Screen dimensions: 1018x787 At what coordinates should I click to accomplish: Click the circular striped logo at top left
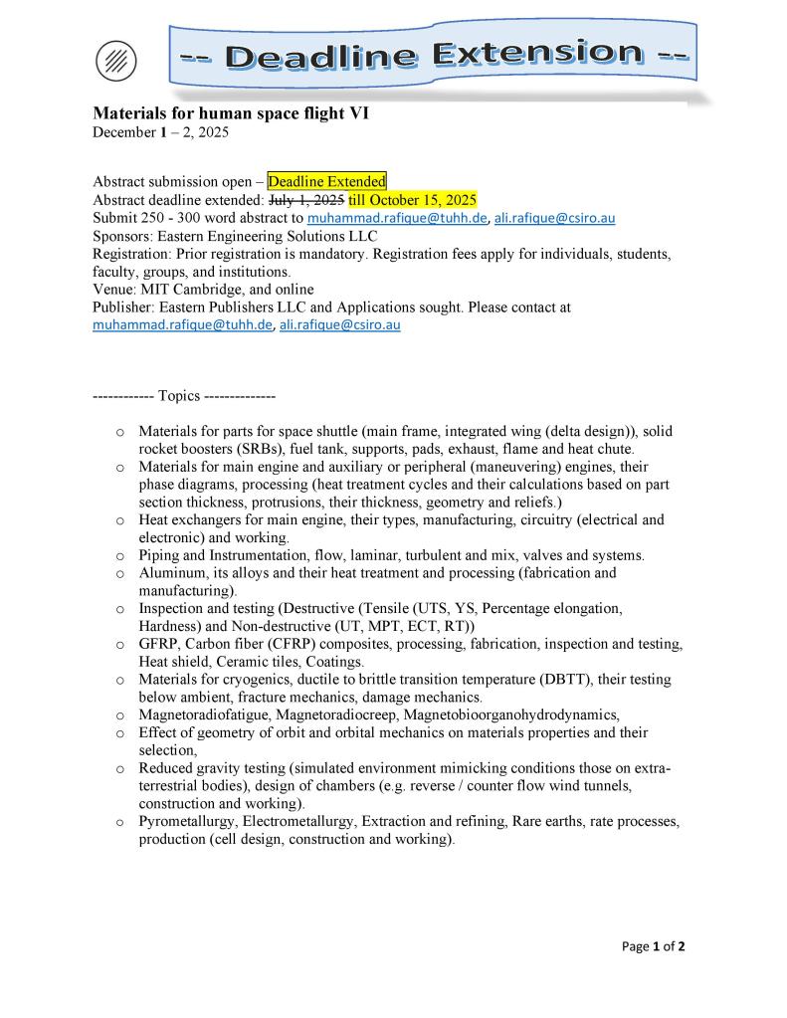115,62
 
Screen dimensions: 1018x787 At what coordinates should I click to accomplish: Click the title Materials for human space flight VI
231,113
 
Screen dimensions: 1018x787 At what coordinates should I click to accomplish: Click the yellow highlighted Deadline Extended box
326,181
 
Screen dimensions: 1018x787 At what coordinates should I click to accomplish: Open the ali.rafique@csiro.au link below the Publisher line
339,324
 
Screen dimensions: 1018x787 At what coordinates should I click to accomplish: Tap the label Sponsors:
123,236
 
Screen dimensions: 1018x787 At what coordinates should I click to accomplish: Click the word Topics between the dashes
179,395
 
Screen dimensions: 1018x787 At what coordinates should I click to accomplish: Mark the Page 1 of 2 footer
653,946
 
